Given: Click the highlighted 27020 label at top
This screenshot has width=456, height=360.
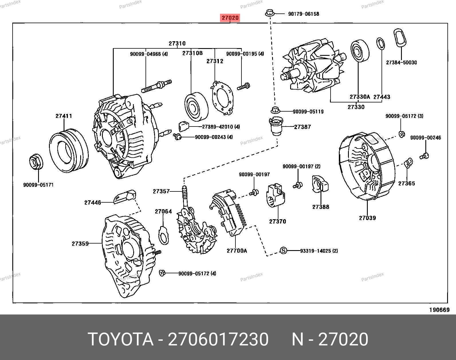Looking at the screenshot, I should pos(230,18).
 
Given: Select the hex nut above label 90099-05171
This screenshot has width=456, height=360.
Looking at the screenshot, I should pos(36,162).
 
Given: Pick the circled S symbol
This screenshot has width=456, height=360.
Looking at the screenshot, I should pos(283,251).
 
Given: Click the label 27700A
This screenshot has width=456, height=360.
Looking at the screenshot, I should pos(237,251).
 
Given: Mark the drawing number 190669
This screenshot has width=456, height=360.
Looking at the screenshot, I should pos(439,310).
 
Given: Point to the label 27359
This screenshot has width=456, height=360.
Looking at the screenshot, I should pos(80,244).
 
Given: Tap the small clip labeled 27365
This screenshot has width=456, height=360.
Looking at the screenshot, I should pos(408,162).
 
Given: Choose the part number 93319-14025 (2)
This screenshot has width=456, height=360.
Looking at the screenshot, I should pos(319,251).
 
